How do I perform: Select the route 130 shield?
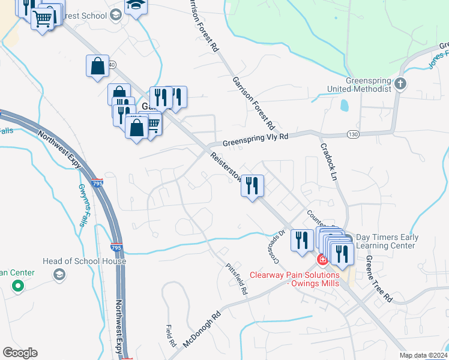click(354, 133)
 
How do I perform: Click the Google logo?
click(20, 353)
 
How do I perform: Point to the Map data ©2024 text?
click(423, 355)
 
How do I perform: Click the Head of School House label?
click(84, 262)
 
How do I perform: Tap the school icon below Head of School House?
click(59, 274)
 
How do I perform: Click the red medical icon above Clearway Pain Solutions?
click(322, 260)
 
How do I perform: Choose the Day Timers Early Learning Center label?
click(387, 241)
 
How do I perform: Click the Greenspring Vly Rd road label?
click(255, 140)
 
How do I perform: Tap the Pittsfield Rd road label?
click(237, 279)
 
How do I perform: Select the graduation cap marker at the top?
click(136, 7)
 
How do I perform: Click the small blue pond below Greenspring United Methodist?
click(344, 106)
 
